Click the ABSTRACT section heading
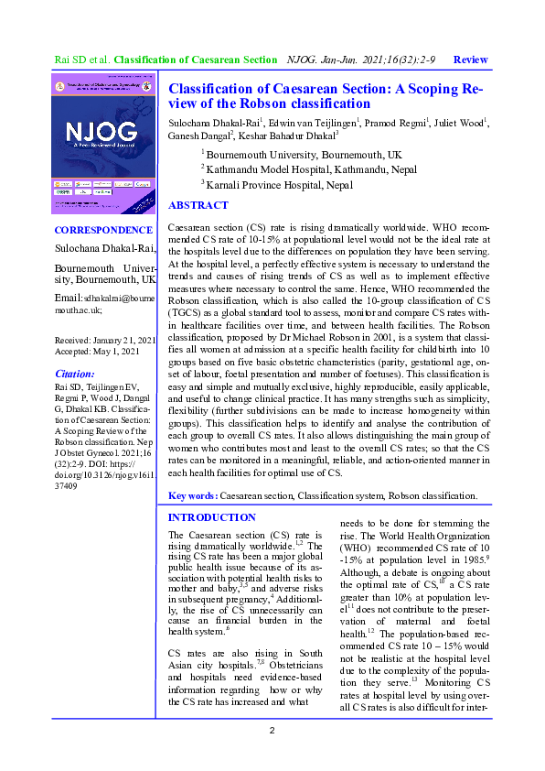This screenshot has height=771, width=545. [x=198, y=205]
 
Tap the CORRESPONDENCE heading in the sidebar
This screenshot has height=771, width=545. [x=103, y=230]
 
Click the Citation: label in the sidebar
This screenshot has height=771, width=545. [x=75, y=374]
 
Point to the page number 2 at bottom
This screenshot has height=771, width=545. [x=272, y=730]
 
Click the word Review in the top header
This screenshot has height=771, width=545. [x=470, y=59]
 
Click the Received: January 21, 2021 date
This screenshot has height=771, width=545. [x=104, y=340]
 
